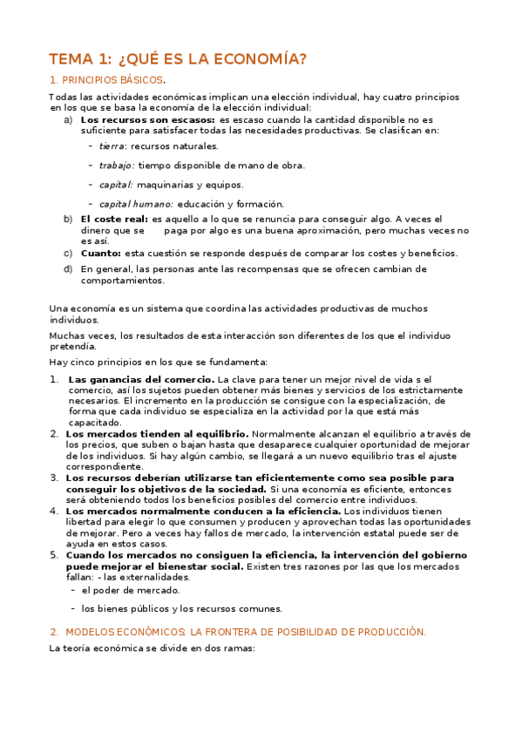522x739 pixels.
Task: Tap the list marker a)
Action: pos(68,119)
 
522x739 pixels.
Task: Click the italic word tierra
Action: pos(112,146)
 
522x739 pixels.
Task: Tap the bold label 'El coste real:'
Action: pos(113,220)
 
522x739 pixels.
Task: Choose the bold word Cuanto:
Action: pos(100,253)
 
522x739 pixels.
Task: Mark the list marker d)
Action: pos(68,269)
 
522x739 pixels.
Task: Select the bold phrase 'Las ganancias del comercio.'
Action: pos(140,380)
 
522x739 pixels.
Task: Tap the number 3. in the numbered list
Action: pos(54,478)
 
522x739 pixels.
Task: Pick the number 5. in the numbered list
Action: pos(54,554)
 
